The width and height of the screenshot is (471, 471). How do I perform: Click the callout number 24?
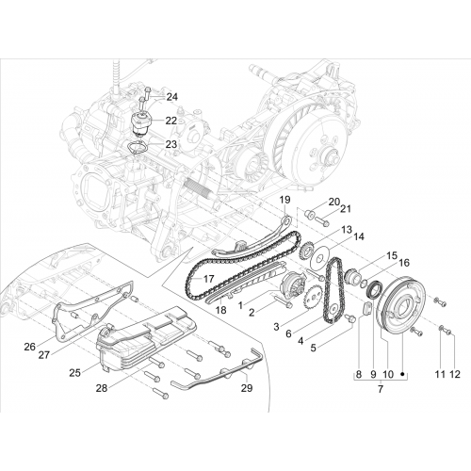171,97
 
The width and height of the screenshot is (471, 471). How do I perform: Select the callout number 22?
171,121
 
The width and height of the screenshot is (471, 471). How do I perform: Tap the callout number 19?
284,200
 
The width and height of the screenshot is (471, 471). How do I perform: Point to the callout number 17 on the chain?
208,279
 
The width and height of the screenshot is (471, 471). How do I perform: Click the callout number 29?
247,388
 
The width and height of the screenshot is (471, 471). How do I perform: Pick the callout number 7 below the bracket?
381,389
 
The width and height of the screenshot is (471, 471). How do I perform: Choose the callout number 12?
455,374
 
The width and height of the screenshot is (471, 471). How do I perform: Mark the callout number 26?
30,347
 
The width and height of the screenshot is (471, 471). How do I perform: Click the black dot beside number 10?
402,374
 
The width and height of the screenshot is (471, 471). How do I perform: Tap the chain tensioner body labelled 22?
141,124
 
